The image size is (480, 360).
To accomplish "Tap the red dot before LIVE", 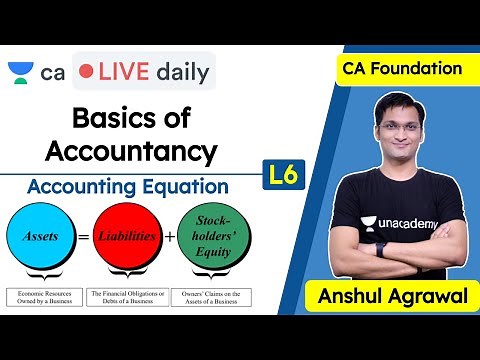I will [x=87, y=72].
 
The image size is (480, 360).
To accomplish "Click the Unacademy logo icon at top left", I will [x=19, y=72].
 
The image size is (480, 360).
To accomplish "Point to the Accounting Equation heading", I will [x=128, y=187].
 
